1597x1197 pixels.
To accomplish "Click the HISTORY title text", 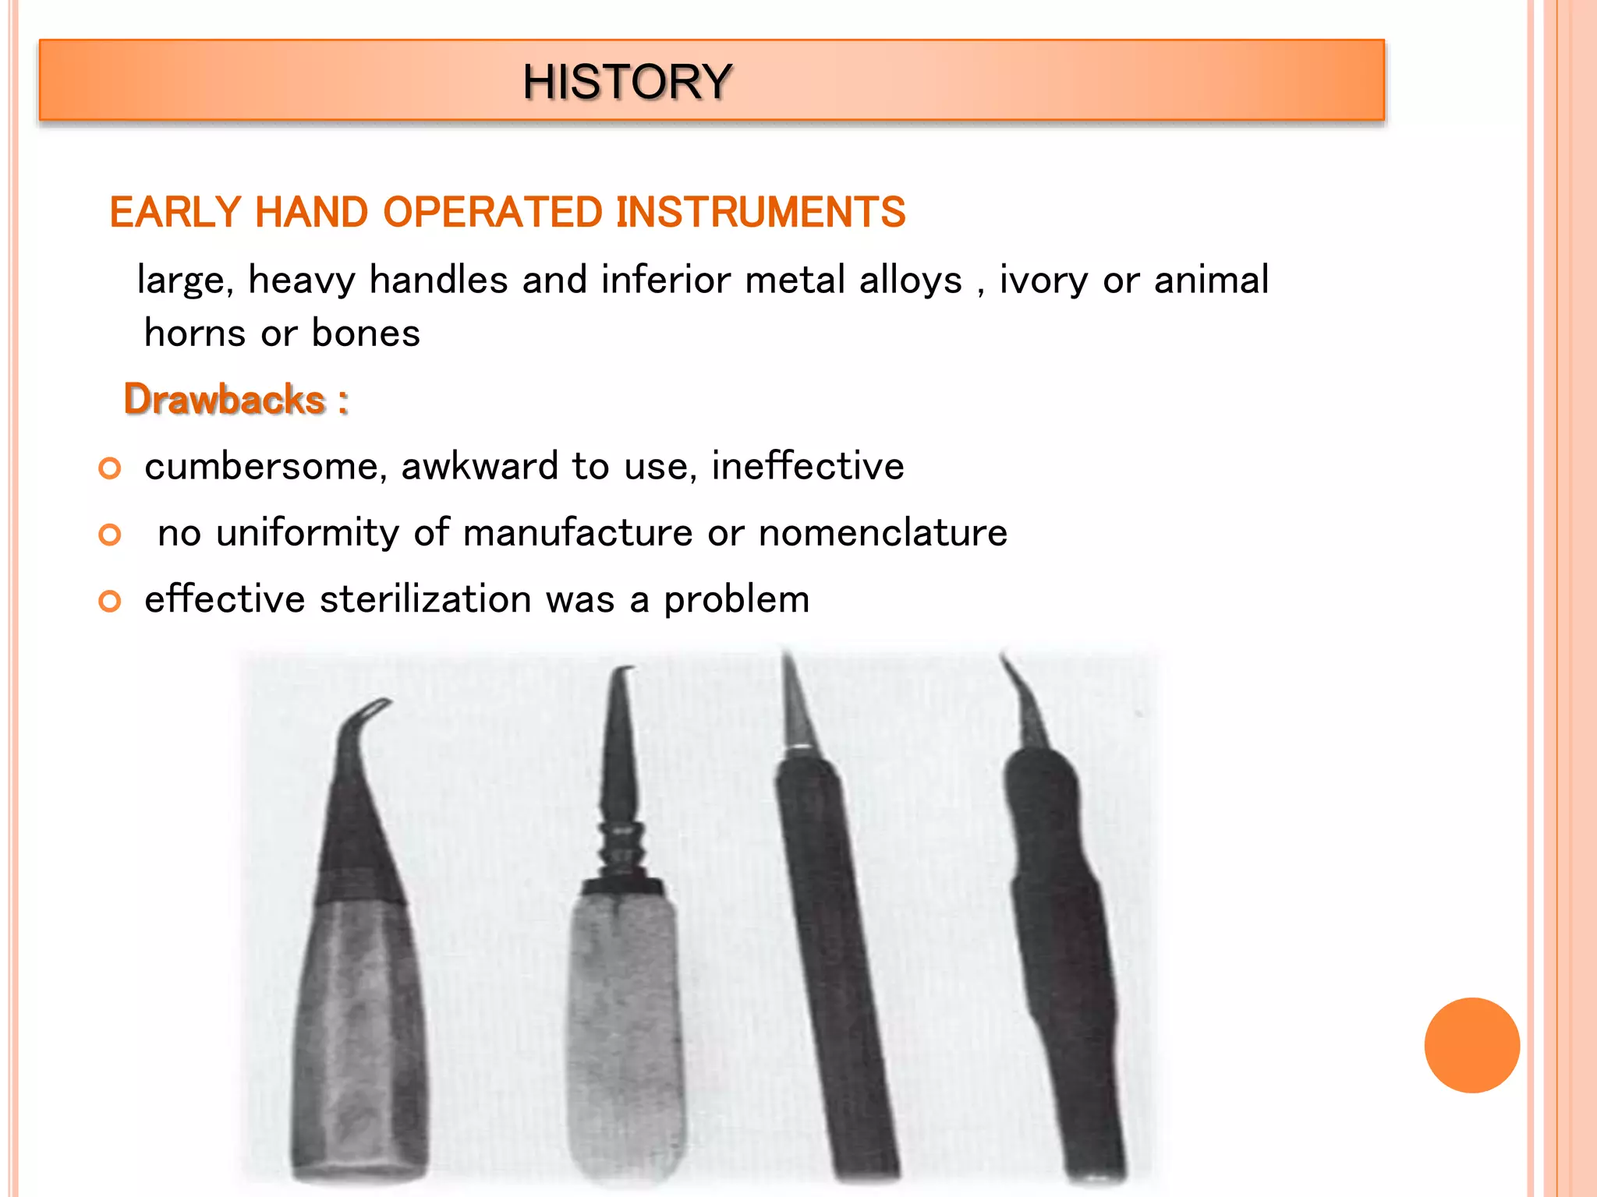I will (x=627, y=81).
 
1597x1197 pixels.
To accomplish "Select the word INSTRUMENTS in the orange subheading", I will (x=760, y=212).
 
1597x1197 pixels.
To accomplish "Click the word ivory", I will (x=1043, y=280).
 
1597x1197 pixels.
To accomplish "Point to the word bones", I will (x=366, y=334).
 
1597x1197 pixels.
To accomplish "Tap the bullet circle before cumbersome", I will (x=110, y=468).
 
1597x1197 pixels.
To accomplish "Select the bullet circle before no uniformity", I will (x=110, y=535).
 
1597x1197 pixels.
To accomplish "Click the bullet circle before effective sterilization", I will (x=110, y=601).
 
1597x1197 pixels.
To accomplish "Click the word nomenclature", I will (x=883, y=533).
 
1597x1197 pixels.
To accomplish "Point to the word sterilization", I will (x=425, y=599).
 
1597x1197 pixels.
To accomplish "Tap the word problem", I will (x=736, y=600).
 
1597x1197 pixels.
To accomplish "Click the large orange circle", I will (x=1471, y=1045).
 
